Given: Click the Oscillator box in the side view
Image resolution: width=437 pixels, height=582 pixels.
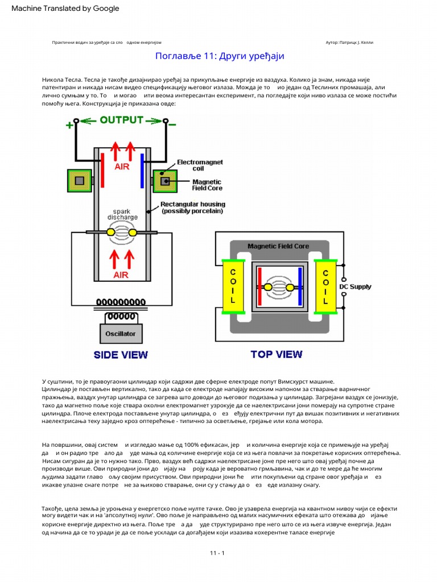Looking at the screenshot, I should pos(120,334).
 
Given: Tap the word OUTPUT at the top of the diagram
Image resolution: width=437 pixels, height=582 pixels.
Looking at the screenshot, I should pos(122,120).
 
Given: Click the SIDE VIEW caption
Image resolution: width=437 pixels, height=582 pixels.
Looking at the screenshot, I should pos(121,355).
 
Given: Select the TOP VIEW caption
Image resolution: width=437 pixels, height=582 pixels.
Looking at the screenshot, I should pos(277,354).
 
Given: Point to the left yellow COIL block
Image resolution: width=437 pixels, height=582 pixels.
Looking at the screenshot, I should pos(233,286).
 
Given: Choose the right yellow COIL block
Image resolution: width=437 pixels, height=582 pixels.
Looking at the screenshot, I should pos(325,286).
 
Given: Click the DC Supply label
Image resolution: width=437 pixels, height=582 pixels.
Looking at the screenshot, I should pos(356,286).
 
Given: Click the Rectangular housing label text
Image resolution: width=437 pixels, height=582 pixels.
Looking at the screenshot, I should pos(193,207).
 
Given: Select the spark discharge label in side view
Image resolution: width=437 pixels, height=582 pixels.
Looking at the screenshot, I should pos(122,214).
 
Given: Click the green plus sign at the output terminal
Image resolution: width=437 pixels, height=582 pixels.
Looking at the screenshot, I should pos(69,126).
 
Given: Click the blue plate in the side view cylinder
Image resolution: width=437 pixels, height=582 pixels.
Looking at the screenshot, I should pos(142,169).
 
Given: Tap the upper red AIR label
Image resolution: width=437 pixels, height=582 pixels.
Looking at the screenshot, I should pos(122,167).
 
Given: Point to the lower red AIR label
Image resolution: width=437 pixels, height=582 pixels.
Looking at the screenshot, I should pos(121,275).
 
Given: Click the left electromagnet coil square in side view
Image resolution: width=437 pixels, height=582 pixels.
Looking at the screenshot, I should pos(80,180).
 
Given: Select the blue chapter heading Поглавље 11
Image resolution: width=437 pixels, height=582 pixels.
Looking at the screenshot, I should pos(219,56).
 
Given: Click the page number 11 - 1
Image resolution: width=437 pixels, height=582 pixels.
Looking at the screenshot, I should pos(218,552).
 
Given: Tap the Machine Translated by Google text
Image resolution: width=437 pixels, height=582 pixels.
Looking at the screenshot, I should pos(65,8).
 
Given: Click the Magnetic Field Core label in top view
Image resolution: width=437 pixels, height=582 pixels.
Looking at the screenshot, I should pos(278,246).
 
